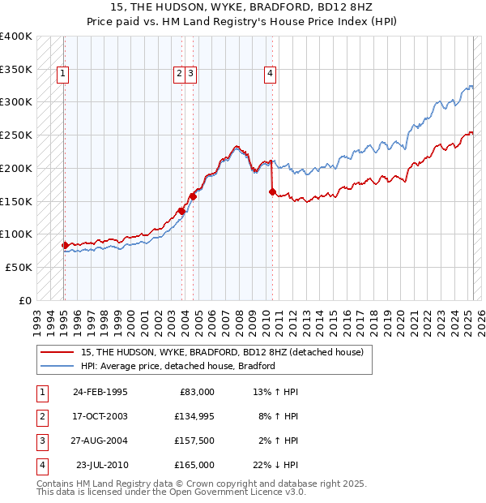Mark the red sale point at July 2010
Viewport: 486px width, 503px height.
272,192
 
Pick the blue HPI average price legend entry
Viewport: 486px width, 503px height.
178,367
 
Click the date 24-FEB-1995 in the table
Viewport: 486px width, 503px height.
100,392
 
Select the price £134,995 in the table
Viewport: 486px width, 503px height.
194,416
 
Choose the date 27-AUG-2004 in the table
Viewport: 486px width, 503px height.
100,441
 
